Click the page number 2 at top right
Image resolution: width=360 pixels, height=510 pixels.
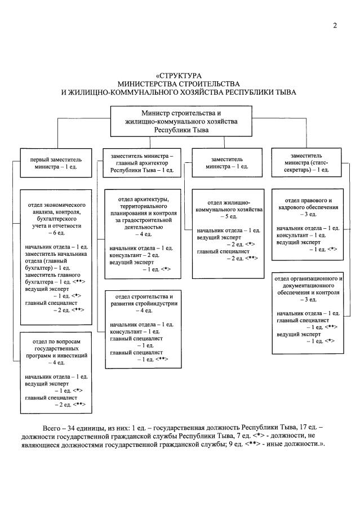[335, 25]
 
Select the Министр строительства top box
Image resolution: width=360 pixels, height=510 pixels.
[181, 121]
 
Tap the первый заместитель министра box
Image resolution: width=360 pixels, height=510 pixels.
[56, 163]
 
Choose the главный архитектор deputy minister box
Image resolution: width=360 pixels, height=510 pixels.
[142, 163]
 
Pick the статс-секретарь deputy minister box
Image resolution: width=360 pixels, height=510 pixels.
[306, 163]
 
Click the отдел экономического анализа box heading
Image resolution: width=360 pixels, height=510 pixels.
[56, 215]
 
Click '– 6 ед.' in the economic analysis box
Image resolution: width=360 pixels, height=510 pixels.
[56, 233]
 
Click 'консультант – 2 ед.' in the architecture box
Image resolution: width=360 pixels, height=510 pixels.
[134, 255]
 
